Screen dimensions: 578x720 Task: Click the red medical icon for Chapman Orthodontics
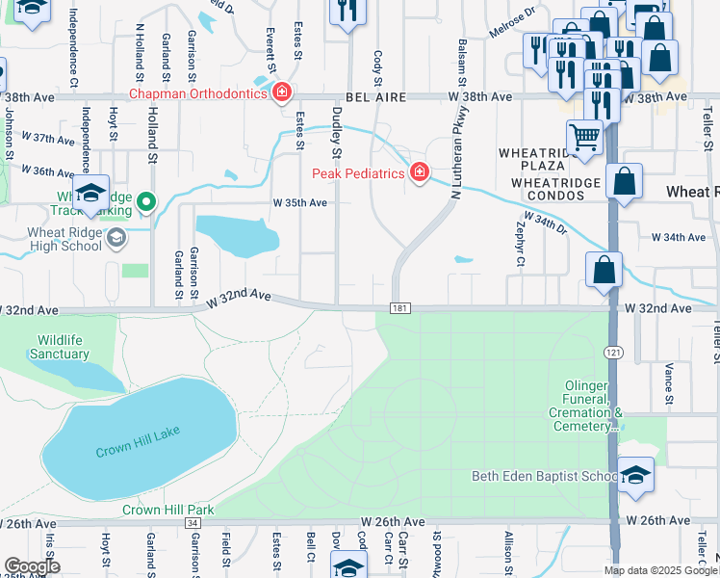(282, 92)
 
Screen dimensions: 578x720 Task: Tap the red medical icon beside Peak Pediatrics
(419, 172)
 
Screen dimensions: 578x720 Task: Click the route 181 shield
(400, 308)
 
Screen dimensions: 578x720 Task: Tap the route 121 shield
(612, 354)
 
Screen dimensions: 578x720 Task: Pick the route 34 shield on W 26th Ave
(193, 522)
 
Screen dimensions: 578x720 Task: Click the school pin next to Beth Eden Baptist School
(636, 476)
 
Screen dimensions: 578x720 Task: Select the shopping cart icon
(584, 137)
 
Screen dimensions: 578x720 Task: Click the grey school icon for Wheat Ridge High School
(116, 238)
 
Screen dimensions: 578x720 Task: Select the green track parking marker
(145, 201)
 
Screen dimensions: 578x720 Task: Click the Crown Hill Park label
(167, 510)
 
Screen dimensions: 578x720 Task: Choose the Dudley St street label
(337, 132)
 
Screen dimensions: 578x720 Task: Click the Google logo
(32, 566)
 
